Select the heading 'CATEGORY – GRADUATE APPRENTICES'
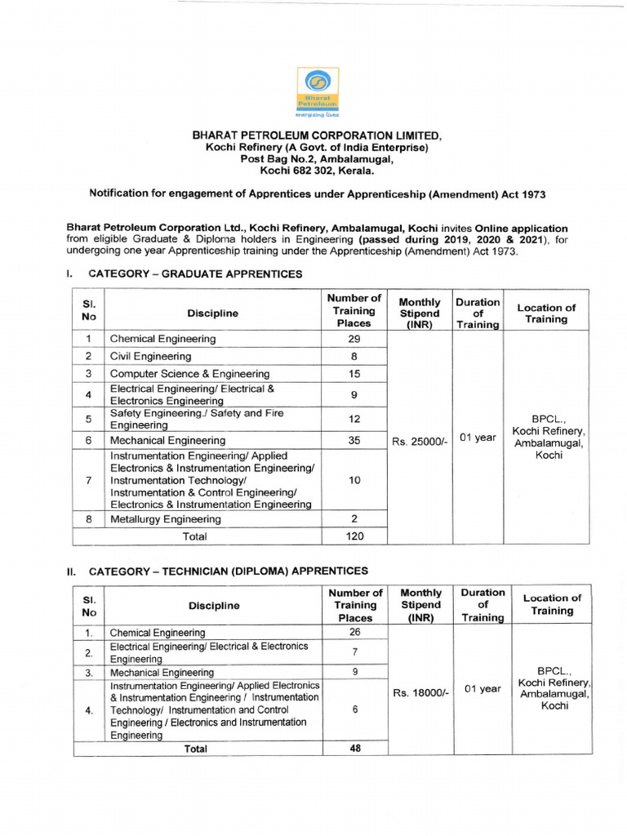[194, 273]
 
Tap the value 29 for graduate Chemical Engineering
[354, 339]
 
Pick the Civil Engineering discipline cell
[151, 357]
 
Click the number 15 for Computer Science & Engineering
[354, 374]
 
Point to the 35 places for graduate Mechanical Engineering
[354, 440]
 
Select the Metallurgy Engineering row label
[166, 519]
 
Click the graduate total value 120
[354, 536]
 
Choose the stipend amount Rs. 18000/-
[421, 692]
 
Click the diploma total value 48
[355, 748]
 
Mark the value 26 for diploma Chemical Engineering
[355, 632]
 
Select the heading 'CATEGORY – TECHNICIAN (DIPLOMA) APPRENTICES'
[228, 571]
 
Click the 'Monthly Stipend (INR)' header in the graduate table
[420, 313]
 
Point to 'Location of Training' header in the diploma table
[553, 604]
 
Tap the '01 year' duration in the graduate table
[478, 438]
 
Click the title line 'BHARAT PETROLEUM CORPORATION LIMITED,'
[316, 136]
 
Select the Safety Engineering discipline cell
[198, 419]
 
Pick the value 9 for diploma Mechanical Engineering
[355, 672]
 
